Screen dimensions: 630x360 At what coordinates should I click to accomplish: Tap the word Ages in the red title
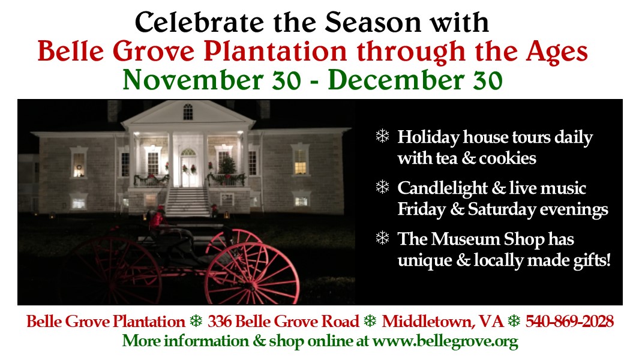(557, 53)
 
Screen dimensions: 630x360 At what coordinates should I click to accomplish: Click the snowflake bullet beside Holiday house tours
(383, 136)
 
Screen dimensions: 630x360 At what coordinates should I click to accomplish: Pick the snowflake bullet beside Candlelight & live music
(383, 187)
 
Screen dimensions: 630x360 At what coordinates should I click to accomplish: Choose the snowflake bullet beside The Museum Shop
(383, 238)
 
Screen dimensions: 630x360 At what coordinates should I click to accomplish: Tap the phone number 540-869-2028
(569, 322)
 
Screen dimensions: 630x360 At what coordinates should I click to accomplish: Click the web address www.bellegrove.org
(445, 341)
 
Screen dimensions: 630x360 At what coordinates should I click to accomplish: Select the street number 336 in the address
(220, 322)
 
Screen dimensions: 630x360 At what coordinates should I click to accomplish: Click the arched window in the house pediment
(188, 112)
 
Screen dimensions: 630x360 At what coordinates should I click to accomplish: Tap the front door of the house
(188, 169)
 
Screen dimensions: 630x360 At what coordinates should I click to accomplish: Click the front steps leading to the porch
(188, 202)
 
